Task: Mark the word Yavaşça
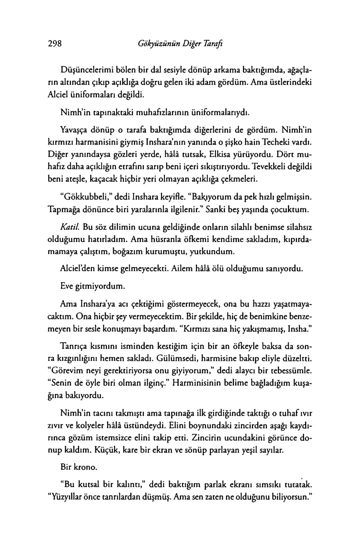point(75,128)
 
